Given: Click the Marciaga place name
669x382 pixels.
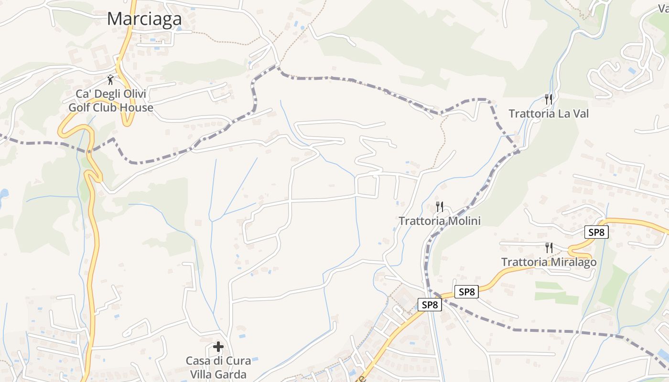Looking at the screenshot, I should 144,19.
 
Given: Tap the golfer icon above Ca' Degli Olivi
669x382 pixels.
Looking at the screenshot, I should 111,80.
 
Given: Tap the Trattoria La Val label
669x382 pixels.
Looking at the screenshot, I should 548,114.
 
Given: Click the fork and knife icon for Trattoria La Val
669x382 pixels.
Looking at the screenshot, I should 549,99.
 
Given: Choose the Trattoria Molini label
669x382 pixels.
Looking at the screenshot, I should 440,221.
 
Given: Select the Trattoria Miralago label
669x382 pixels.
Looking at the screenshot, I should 549,262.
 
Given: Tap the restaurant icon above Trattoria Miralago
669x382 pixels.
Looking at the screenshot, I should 549,248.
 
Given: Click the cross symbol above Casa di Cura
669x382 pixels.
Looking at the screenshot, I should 218,346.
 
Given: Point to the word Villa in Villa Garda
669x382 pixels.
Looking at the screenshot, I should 202,374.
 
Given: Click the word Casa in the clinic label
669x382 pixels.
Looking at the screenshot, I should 198,361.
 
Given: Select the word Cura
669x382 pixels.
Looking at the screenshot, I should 238,361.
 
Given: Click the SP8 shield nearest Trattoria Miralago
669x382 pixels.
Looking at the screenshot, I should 596,233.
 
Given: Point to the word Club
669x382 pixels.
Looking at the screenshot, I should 108,107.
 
